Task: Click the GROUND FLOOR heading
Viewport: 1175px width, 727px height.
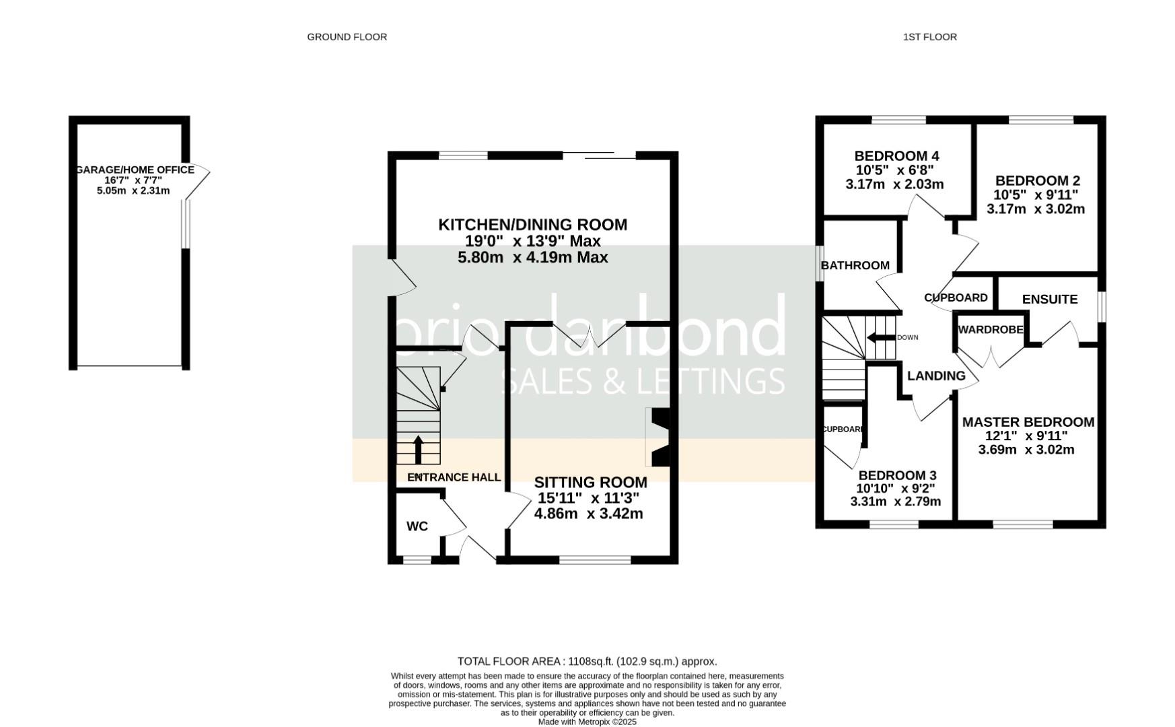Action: pyautogui.click(x=347, y=37)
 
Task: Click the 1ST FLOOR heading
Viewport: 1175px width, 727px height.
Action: pyautogui.click(x=929, y=37)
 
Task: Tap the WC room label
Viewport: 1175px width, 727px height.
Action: pyautogui.click(x=417, y=526)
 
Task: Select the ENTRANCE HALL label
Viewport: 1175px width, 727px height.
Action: pyautogui.click(x=454, y=477)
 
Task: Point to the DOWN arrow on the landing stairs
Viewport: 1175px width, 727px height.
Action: pyautogui.click(x=880, y=337)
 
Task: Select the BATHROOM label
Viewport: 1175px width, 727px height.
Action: pyautogui.click(x=855, y=265)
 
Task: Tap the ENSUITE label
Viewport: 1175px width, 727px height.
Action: pyautogui.click(x=1049, y=299)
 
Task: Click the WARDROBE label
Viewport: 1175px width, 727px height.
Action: pyautogui.click(x=990, y=329)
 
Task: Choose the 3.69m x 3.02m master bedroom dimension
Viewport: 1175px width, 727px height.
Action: pyautogui.click(x=1026, y=450)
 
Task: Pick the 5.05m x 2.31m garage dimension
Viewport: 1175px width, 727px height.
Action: pyautogui.click(x=133, y=191)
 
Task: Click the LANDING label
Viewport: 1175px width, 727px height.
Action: pyautogui.click(x=935, y=376)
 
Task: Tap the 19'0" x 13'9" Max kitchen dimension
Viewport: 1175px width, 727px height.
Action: pyautogui.click(x=532, y=241)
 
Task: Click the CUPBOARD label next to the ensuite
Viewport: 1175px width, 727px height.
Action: pyautogui.click(x=956, y=298)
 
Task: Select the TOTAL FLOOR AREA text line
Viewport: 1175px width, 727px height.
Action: pyautogui.click(x=587, y=661)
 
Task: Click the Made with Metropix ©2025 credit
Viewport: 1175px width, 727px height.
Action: pyautogui.click(x=587, y=722)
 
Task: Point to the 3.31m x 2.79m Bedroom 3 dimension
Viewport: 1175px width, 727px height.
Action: pyautogui.click(x=895, y=501)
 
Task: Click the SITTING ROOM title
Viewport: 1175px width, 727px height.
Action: pyautogui.click(x=590, y=482)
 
